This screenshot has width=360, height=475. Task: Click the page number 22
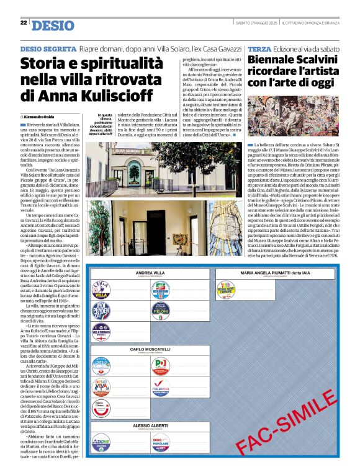[23, 23]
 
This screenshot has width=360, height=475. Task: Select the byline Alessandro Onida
[38, 117]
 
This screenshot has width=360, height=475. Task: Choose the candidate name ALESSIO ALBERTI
[150, 426]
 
